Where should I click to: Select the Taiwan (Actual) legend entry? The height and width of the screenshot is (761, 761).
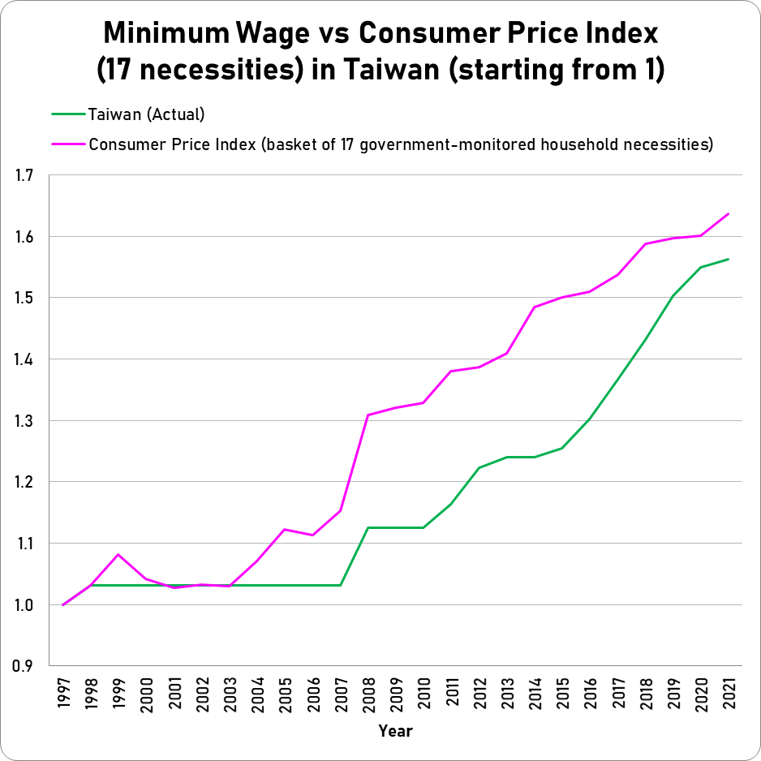point(146,114)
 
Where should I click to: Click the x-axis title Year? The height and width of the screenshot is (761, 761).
point(395,731)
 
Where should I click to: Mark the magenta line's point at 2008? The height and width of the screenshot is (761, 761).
point(368,415)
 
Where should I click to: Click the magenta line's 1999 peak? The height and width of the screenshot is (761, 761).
point(118,554)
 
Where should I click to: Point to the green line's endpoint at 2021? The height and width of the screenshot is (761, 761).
point(728,260)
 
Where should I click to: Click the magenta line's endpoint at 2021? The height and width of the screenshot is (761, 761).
point(728,214)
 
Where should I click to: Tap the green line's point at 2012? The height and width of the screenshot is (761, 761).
point(479,468)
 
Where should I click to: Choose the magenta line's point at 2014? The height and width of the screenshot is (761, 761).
point(534,307)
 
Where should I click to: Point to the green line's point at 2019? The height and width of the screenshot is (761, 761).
point(673,296)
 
